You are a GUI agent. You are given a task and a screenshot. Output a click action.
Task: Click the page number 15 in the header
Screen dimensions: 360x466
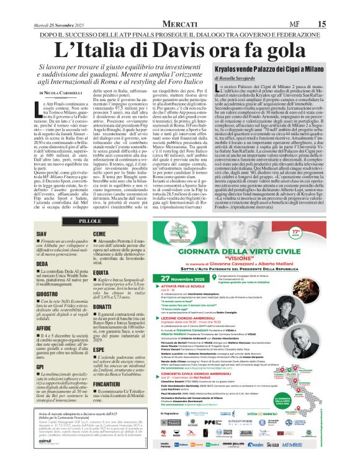coord(338,6)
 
